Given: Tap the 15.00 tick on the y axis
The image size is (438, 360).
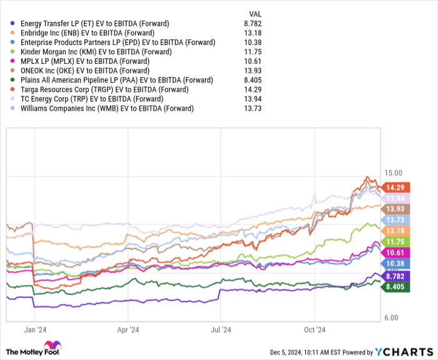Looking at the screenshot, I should pyautogui.click(x=393, y=173).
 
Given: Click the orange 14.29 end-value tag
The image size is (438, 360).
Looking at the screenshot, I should pyautogui.click(x=397, y=187).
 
